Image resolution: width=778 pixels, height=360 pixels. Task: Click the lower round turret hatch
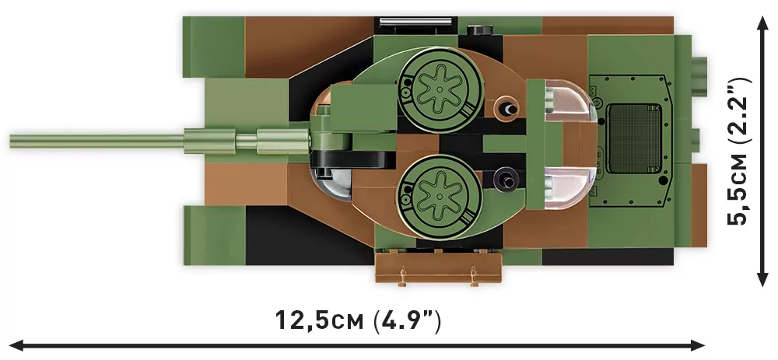440,190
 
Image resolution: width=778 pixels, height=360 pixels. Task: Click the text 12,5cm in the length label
320,320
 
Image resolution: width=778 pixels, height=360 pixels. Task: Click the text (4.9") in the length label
408,320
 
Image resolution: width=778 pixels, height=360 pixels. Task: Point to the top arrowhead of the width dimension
762,23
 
